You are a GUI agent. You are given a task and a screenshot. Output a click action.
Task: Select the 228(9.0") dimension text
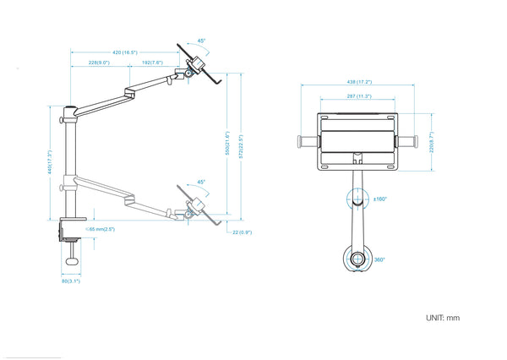coord(99,63)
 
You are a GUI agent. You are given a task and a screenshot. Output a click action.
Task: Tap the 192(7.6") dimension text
coord(151,63)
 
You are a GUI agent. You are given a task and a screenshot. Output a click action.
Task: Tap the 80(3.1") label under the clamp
coord(71,281)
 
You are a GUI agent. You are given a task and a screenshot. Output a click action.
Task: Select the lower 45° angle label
coord(201,182)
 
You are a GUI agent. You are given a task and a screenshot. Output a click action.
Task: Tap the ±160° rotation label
coord(380,199)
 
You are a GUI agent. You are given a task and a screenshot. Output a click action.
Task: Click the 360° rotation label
coord(380,259)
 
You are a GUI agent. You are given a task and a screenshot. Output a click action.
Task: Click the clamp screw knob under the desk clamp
coord(72,261)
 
